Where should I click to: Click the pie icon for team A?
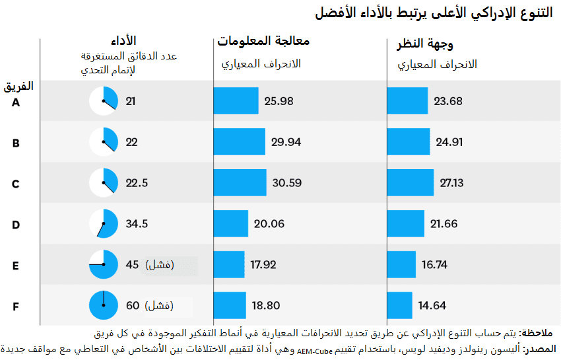pyautogui.click(x=104, y=101)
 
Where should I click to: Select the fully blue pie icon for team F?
pyautogui.click(x=104, y=305)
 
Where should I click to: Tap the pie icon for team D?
pyautogui.click(x=104, y=224)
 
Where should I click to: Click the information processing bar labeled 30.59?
pyautogui.click(x=240, y=183)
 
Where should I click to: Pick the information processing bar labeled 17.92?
pyautogui.click(x=229, y=265)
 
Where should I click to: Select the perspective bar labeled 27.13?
pyautogui.click(x=411, y=183)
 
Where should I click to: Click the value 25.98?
pyautogui.click(x=279, y=101)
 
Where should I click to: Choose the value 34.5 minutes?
pyautogui.click(x=137, y=224)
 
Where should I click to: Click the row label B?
pyautogui.click(x=16, y=143)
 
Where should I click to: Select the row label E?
pyautogui.click(x=16, y=266)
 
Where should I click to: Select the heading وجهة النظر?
pyautogui.click(x=424, y=44)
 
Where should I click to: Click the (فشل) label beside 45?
pyautogui.click(x=159, y=265)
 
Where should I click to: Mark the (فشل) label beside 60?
pyautogui.click(x=159, y=306)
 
